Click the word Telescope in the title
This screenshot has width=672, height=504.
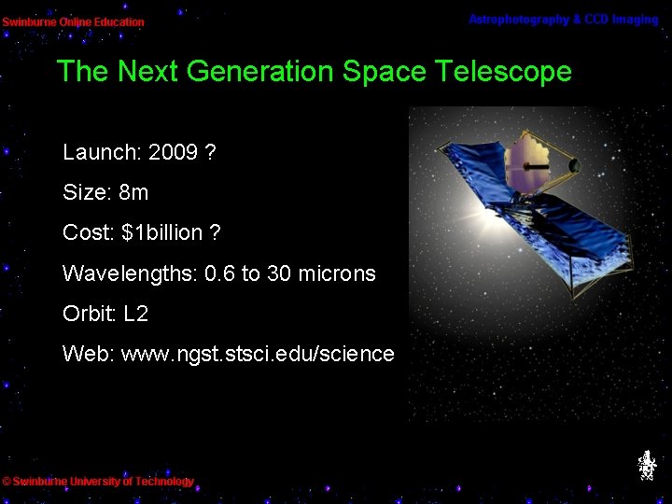[497, 72]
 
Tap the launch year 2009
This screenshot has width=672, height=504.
[173, 152]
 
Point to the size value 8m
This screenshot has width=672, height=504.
[133, 193]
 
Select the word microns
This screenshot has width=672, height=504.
[337, 273]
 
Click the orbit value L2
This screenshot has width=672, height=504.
[135, 314]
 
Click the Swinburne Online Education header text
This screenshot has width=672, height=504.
[73, 21]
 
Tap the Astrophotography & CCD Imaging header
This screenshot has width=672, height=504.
[563, 20]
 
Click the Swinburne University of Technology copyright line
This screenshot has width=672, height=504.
[98, 482]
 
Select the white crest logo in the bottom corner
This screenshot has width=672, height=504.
[646, 465]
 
